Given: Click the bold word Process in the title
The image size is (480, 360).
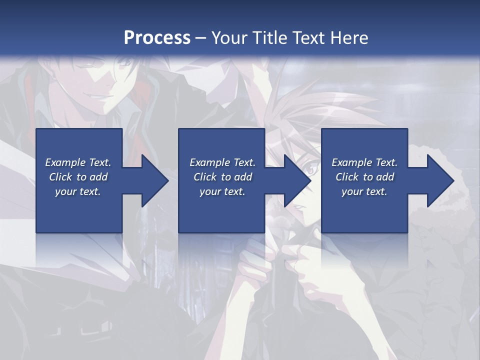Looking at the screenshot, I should (x=157, y=38).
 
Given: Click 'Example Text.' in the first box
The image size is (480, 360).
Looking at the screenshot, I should (x=78, y=162).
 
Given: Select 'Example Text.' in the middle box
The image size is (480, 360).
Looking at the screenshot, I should (x=222, y=162).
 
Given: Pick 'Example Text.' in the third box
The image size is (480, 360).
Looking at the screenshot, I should (x=364, y=162).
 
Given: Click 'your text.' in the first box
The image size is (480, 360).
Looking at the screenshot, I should (x=78, y=191).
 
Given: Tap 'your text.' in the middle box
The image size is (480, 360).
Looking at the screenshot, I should (x=222, y=191).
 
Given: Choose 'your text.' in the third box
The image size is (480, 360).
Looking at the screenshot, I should (x=364, y=191).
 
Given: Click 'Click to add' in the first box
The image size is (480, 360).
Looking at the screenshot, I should (x=78, y=177).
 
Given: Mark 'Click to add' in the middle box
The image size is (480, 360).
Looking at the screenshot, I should (x=222, y=177).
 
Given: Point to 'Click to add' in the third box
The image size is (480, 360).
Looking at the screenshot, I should (x=364, y=177).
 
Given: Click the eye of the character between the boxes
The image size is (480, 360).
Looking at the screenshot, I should (x=309, y=170).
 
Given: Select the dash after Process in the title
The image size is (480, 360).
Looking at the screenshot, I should (x=201, y=38).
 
